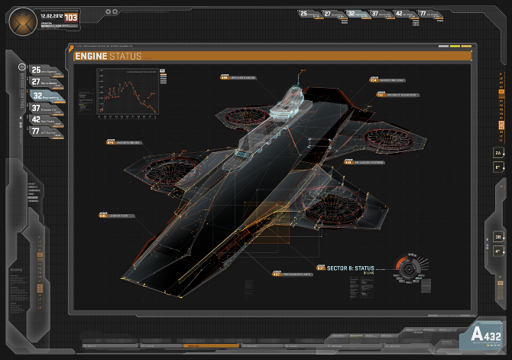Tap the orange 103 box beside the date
coord(71,17)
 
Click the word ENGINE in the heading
coord(91,56)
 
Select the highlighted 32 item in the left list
coord(37,96)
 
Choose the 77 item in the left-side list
coord(36,131)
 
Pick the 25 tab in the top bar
coord(304,14)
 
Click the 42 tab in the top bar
coord(399,14)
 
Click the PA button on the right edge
coord(497,153)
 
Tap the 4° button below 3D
coord(497,249)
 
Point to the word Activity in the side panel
coord(16,270)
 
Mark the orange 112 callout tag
coord(380,96)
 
